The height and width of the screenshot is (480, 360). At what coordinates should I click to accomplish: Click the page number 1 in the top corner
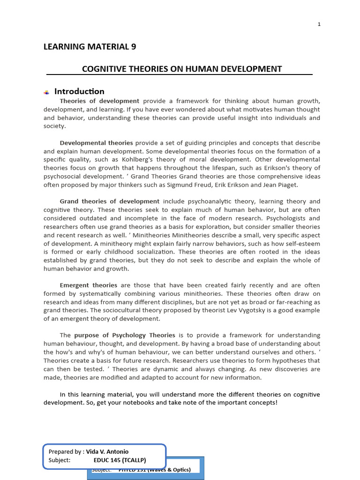coord(319,24)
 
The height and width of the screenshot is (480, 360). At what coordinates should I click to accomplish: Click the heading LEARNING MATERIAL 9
coord(90,46)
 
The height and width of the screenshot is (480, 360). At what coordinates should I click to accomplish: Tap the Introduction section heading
coord(79,91)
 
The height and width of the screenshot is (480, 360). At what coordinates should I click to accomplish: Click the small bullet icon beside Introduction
coord(46,92)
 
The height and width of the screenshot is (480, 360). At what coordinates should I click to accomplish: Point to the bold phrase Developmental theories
coord(96,143)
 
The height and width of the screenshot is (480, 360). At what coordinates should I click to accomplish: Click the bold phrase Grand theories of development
coord(110,202)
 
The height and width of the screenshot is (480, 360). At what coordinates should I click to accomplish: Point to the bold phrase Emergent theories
coord(89,285)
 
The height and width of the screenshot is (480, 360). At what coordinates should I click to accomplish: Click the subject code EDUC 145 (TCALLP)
coord(120,460)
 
